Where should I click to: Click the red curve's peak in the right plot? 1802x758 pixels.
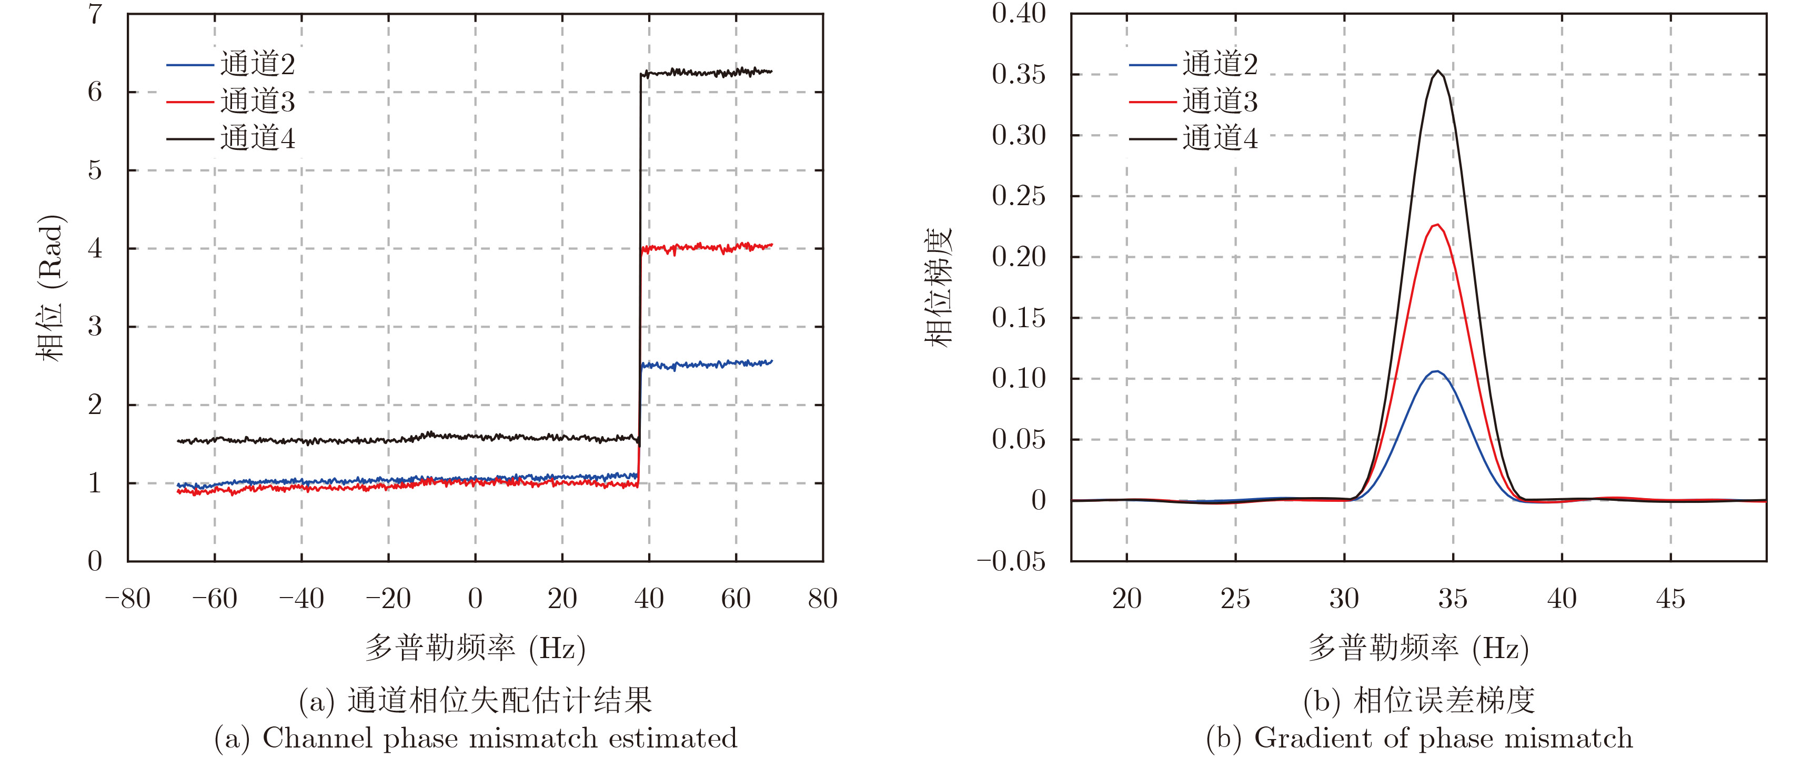click(x=1437, y=225)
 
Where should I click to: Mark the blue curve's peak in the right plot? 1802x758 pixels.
click(x=1436, y=371)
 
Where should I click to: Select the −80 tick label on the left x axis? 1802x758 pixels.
click(x=127, y=599)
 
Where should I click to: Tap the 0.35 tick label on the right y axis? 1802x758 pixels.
click(x=1019, y=74)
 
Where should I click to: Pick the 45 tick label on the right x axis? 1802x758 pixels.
click(x=1670, y=599)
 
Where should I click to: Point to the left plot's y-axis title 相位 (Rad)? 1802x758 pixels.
click(x=51, y=287)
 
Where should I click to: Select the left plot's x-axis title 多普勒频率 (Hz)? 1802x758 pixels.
click(x=475, y=648)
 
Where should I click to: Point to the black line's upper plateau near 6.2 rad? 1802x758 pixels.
click(x=707, y=72)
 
